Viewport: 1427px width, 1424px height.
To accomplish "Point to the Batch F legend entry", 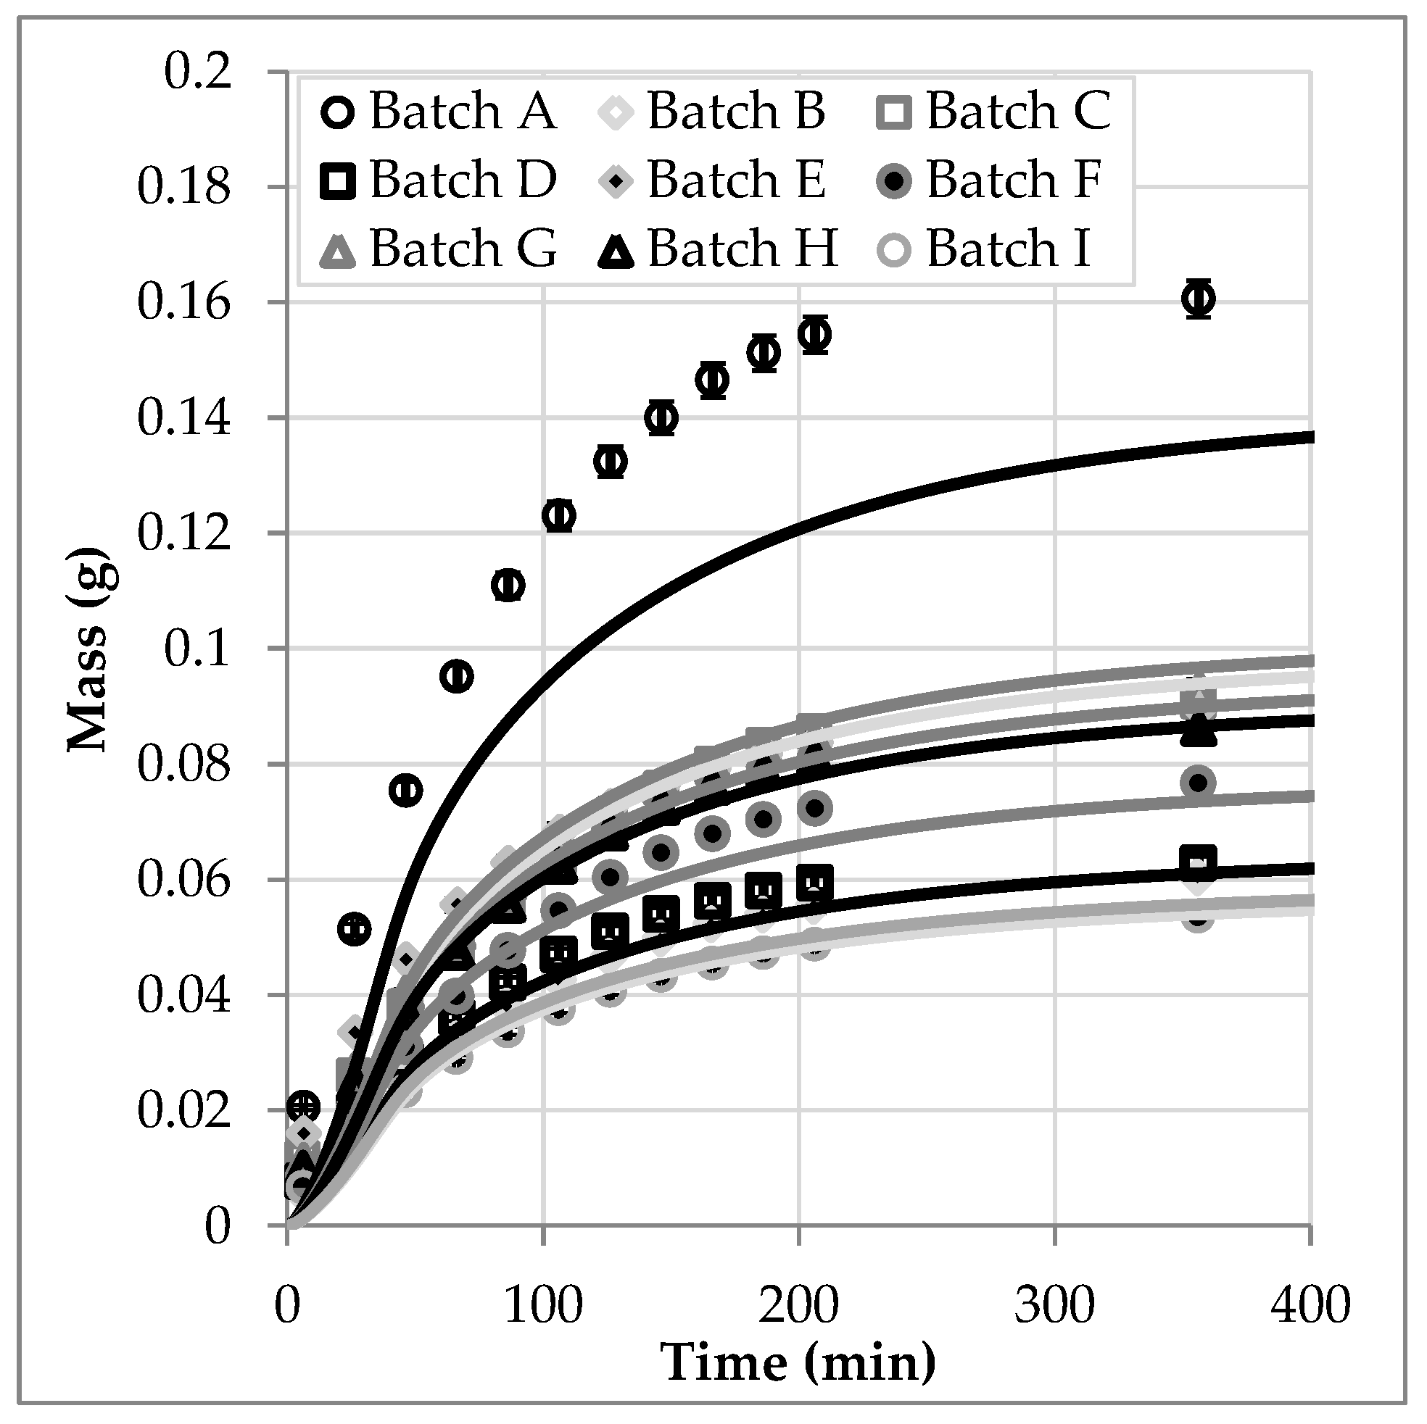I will coord(993,180).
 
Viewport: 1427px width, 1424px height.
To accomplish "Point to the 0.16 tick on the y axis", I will coord(185,304).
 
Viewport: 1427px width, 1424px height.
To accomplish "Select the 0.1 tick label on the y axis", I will coord(197,649).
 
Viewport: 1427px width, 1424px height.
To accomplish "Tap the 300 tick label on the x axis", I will coord(1054,1304).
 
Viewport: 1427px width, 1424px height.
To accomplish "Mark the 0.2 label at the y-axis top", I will coord(197,72).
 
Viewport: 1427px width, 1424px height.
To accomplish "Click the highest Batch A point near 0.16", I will coord(1198,299).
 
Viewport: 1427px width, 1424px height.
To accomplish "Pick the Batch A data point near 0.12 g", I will coord(559,515).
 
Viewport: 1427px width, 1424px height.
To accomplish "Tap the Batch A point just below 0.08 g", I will coord(405,791).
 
